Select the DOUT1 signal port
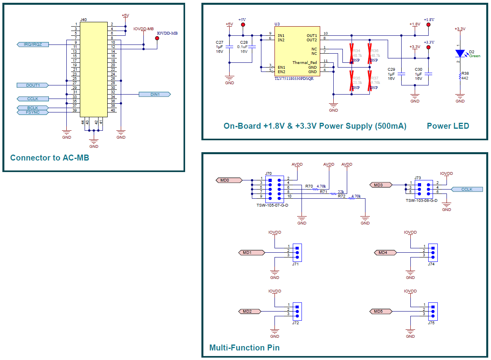click(x=33, y=85)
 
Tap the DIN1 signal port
click(x=155, y=94)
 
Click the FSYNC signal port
click(x=33, y=112)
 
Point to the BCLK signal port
click(x=33, y=108)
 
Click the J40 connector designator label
click(x=83, y=19)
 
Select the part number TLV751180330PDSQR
click(x=294, y=78)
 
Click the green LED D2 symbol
click(x=460, y=53)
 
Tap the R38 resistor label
click(x=465, y=74)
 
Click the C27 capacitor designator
click(x=219, y=42)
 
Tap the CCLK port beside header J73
click(x=467, y=190)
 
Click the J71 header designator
click(x=295, y=264)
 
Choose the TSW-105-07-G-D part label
click(x=273, y=205)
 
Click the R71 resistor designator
click(x=323, y=192)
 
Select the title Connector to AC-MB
click(x=50, y=158)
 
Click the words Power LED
click(x=448, y=126)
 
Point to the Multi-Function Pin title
click(x=244, y=348)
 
